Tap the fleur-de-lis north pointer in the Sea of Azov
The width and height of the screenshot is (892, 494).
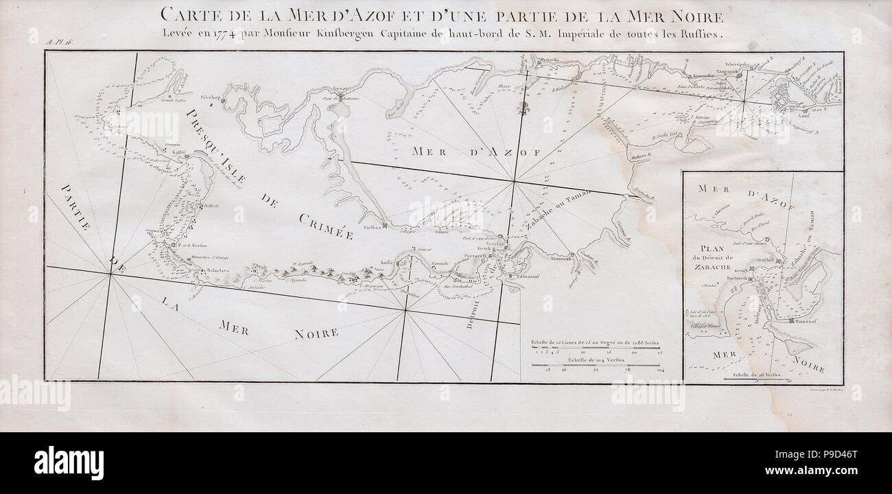coord(527,108)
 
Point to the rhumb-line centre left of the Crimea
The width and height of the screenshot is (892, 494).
coord(110,273)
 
